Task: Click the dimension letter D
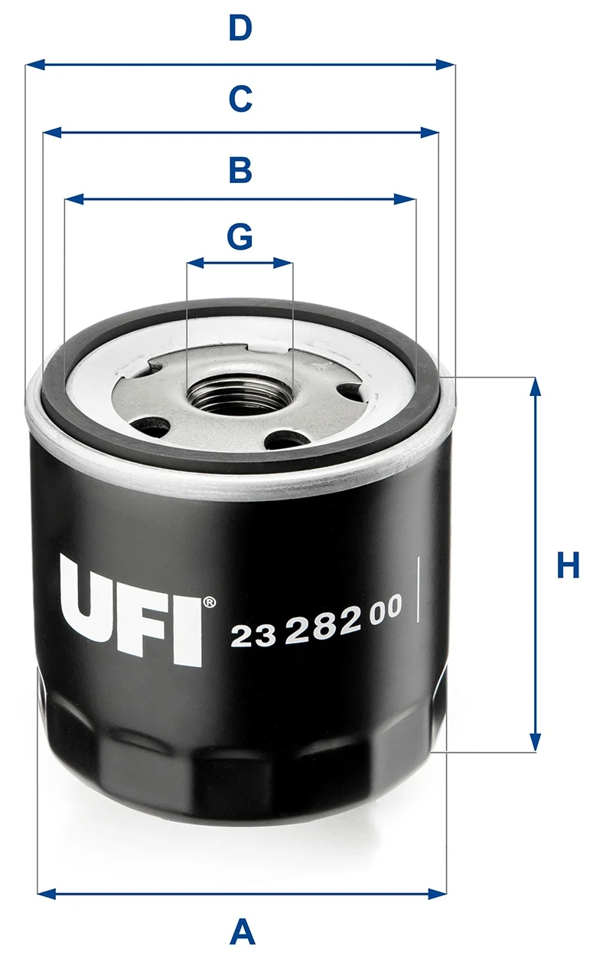[x=240, y=28]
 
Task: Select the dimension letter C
[x=240, y=99]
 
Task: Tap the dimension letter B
[x=240, y=170]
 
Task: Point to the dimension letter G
[x=240, y=237]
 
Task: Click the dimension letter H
[x=568, y=565]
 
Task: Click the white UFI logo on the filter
[x=132, y=610]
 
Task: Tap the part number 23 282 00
[x=316, y=621]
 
